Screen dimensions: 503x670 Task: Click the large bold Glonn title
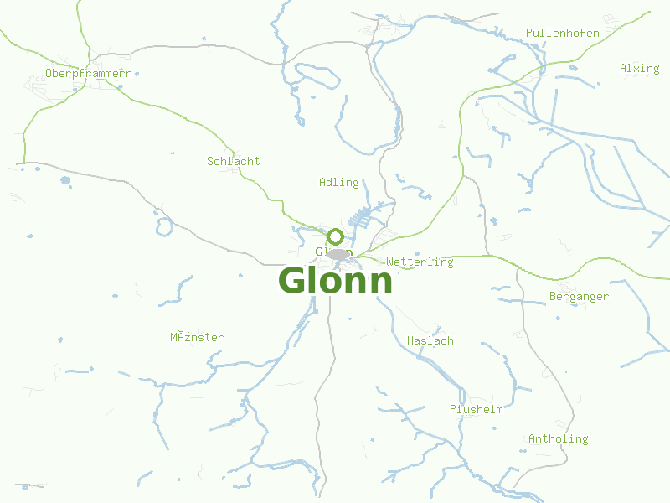coord(335,282)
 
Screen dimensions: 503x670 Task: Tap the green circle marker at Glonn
coord(336,237)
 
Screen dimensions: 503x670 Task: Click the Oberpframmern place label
coord(89,74)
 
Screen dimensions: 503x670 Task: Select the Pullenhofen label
coord(562,34)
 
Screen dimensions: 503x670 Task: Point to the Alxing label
coord(639,69)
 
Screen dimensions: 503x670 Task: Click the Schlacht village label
coord(233,161)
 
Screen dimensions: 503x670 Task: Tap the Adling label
coord(338,182)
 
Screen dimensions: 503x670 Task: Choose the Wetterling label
coord(420,262)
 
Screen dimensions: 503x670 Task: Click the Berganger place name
coord(579,297)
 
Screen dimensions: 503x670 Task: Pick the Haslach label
coord(430,341)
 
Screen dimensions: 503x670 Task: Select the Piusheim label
coord(476,410)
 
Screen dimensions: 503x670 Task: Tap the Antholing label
coord(558,439)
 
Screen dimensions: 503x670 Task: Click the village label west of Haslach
coord(197,338)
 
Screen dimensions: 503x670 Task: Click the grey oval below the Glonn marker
coord(338,254)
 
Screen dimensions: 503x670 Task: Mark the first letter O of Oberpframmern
coord(49,74)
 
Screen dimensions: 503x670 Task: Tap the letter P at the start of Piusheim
coord(452,410)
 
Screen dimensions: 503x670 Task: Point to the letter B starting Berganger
coord(553,297)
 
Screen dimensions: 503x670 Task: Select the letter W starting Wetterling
coord(389,262)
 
